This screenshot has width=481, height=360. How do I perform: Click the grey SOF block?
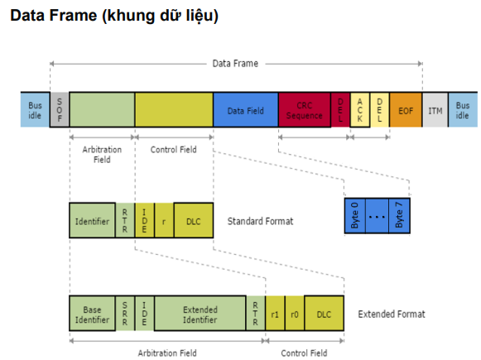(60, 109)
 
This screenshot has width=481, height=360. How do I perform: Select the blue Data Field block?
(246, 109)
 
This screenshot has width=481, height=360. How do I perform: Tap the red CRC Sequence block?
(304, 109)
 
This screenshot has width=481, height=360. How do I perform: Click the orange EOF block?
(406, 109)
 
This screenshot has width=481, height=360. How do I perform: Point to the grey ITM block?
(435, 109)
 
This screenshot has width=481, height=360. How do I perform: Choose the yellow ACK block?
(360, 109)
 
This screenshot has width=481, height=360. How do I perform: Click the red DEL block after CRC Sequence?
(340, 109)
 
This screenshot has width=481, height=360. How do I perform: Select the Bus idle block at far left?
(35, 109)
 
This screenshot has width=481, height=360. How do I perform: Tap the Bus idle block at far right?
(462, 109)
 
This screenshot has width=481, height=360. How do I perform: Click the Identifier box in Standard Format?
(92, 221)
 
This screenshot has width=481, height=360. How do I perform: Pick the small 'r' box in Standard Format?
(164, 221)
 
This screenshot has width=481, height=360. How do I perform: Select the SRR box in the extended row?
(125, 314)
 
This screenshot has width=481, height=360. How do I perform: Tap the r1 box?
(275, 314)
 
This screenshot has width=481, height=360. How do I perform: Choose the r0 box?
(296, 314)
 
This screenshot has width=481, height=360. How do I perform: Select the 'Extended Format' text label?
(391, 314)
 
